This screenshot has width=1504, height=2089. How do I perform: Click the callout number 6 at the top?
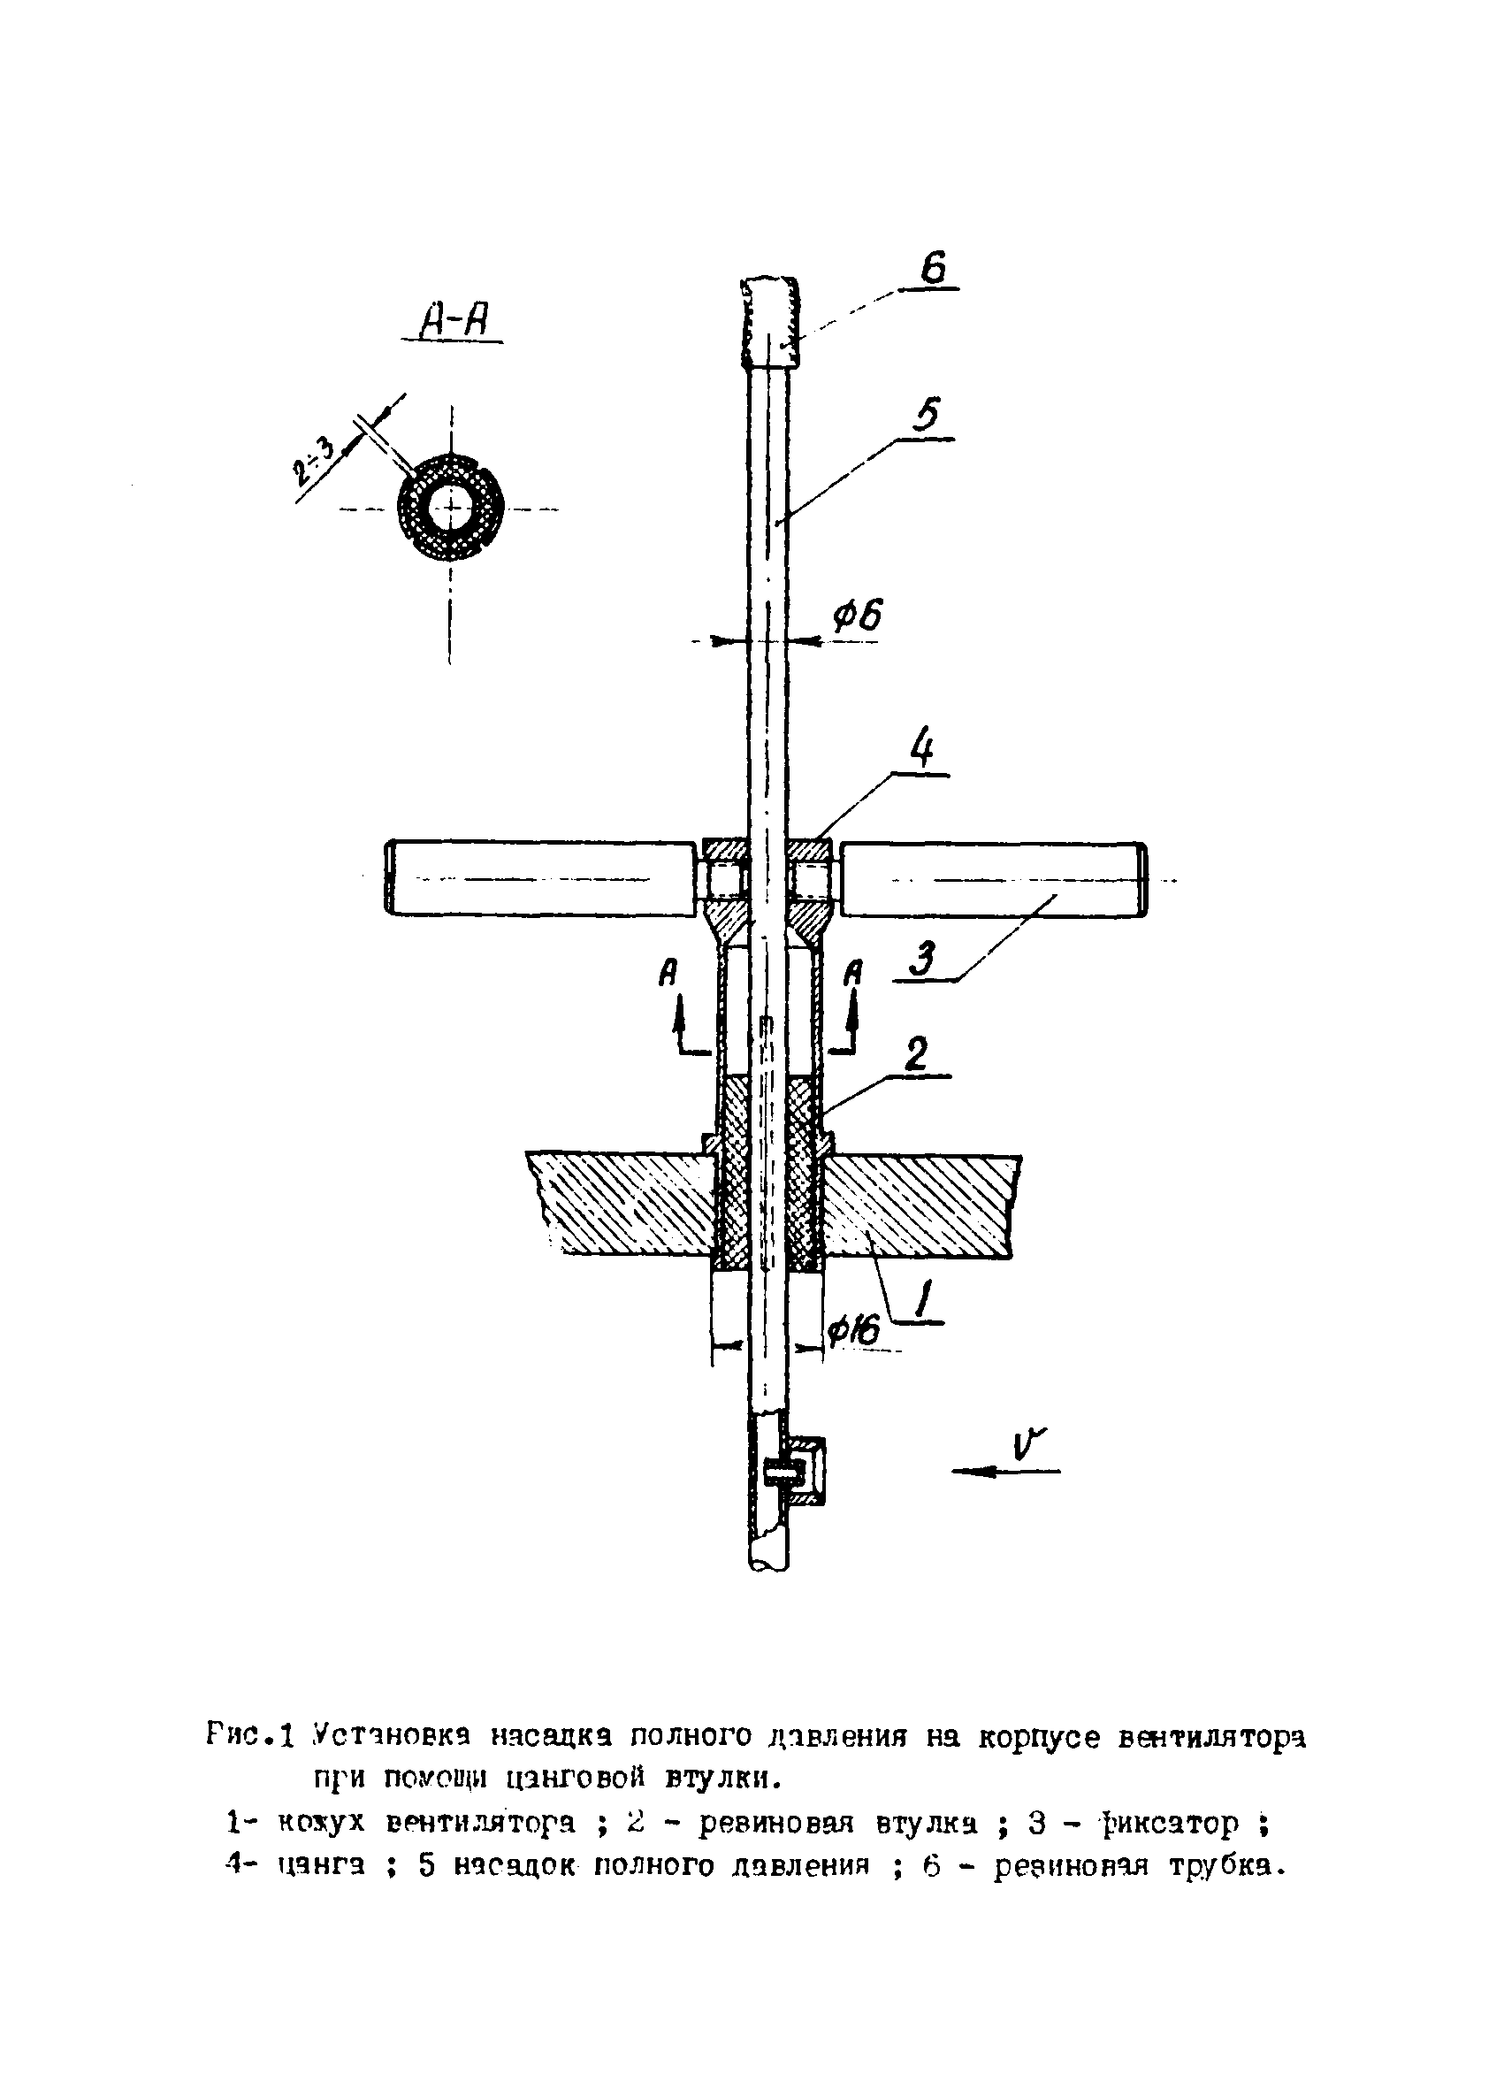(x=933, y=268)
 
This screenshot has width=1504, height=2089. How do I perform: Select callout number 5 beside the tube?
(x=925, y=417)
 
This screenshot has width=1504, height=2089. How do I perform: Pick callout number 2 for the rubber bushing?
(x=914, y=1052)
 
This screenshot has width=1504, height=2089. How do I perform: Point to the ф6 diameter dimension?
(x=857, y=616)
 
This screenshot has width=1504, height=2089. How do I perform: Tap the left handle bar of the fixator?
(x=540, y=879)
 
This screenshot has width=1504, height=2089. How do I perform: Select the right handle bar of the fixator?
(x=993, y=879)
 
